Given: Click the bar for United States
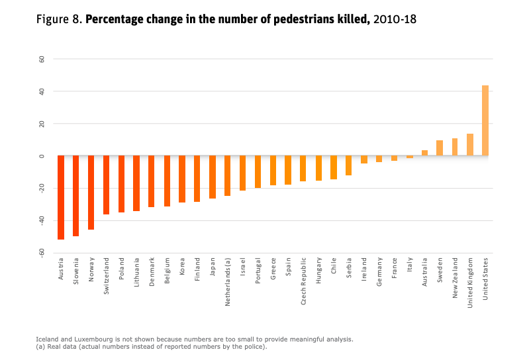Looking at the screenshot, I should (x=485, y=120).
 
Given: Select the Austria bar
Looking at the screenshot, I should (x=61, y=197).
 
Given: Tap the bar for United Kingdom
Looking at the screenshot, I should (x=470, y=145).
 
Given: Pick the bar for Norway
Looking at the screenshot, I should (x=91, y=193).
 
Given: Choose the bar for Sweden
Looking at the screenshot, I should (x=440, y=148).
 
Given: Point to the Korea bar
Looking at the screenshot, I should (x=182, y=179).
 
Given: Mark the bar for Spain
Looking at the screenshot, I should (x=288, y=170).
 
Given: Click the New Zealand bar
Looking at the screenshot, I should (x=455, y=147).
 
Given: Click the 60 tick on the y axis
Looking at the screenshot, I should (x=41, y=59).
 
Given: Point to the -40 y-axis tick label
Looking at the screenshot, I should (x=41, y=221).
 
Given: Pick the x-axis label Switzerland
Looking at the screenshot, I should (x=107, y=277).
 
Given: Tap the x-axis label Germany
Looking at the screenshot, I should (x=379, y=272).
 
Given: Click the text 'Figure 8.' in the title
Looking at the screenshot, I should (x=59, y=19).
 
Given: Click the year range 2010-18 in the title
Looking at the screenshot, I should (x=395, y=19).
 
